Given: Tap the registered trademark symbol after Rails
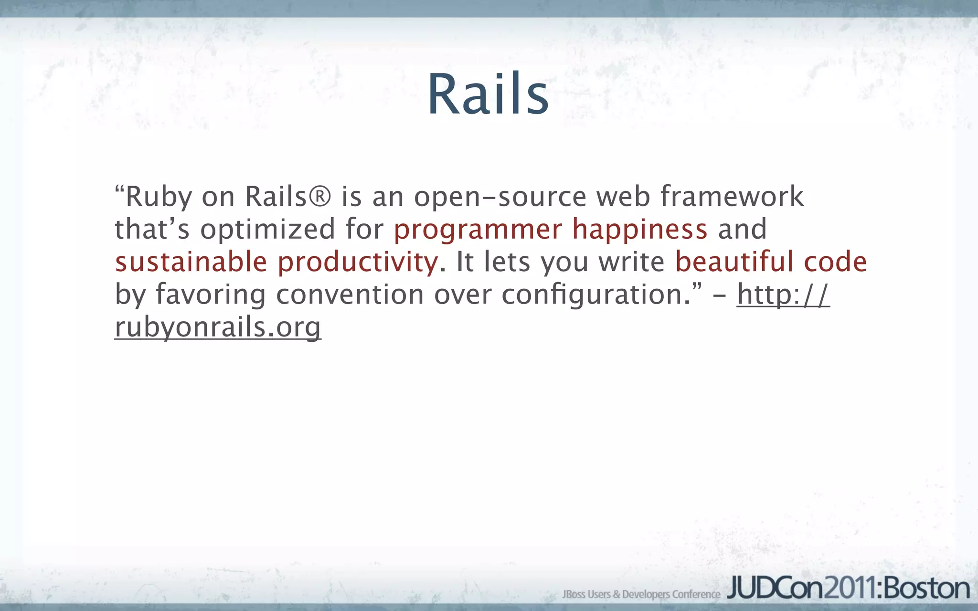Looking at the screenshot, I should point(319,197).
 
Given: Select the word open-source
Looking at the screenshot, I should point(500,197).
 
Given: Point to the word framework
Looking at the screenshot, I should point(732,197).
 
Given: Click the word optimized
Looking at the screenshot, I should point(267,229).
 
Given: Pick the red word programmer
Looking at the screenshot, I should point(477,230).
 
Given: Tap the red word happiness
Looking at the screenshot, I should point(639,229).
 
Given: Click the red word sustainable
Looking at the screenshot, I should point(191,262).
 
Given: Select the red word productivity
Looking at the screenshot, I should point(358,263).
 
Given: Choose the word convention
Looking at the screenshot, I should point(350,295).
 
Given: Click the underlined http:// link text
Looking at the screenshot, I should point(783,295).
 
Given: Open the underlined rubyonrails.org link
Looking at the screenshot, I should point(218,327).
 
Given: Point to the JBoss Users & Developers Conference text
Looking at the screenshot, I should point(641,594).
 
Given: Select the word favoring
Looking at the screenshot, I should point(210,295).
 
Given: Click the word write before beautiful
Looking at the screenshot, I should point(631,262).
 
